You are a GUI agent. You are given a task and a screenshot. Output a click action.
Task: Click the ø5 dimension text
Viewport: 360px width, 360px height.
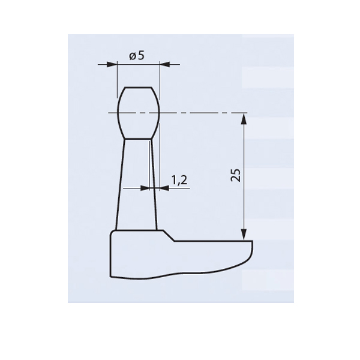pyautogui.click(x=137, y=56)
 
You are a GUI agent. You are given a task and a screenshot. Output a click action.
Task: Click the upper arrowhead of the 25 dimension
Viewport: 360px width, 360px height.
pyautogui.click(x=243, y=117)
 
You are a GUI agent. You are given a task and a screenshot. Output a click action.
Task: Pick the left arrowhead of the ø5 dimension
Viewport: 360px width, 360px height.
pyautogui.click(x=111, y=64)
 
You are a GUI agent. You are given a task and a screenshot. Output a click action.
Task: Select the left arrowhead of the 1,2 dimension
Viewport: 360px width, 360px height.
pyautogui.click(x=145, y=188)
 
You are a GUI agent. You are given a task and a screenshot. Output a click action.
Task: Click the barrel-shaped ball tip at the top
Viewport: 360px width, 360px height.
pyautogui.click(x=138, y=112)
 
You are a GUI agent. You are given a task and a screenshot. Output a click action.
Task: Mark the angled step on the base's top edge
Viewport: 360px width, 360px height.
pyautogui.click(x=169, y=235)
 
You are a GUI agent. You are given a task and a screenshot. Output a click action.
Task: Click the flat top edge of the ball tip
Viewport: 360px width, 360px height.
pyautogui.click(x=138, y=87)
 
